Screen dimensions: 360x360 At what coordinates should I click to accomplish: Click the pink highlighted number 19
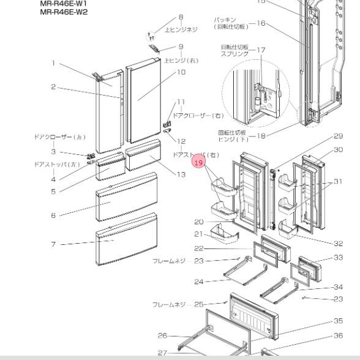(198, 163)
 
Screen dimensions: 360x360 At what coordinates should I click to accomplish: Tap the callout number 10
(181, 72)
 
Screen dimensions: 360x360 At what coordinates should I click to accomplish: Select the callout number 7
(53, 244)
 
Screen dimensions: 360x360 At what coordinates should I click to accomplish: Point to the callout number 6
(53, 215)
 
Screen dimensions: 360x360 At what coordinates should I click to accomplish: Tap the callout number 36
(338, 334)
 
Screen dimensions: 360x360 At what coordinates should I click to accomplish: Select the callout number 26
(162, 335)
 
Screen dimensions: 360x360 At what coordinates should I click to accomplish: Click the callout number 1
(53, 62)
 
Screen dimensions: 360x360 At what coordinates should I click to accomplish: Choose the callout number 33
(338, 258)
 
